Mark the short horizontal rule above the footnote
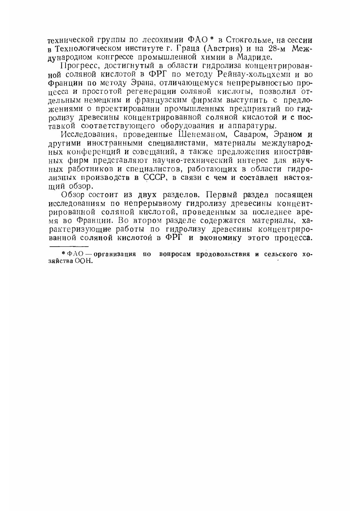69,246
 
